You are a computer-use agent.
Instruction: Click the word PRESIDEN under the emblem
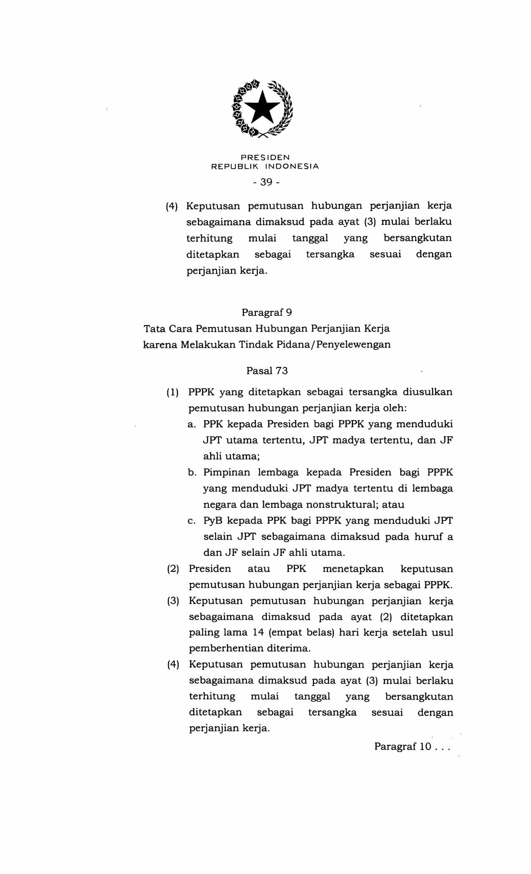coord(265,157)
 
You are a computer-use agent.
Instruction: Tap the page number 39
coord(265,182)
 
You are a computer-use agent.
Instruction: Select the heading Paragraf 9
coord(267,312)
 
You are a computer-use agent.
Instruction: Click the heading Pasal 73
coord(267,370)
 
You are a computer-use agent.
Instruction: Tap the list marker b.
coord(192,472)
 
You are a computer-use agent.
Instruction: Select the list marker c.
coord(192,521)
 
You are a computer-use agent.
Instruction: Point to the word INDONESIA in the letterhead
coord(292,166)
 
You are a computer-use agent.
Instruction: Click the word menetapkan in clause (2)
coord(353,569)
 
